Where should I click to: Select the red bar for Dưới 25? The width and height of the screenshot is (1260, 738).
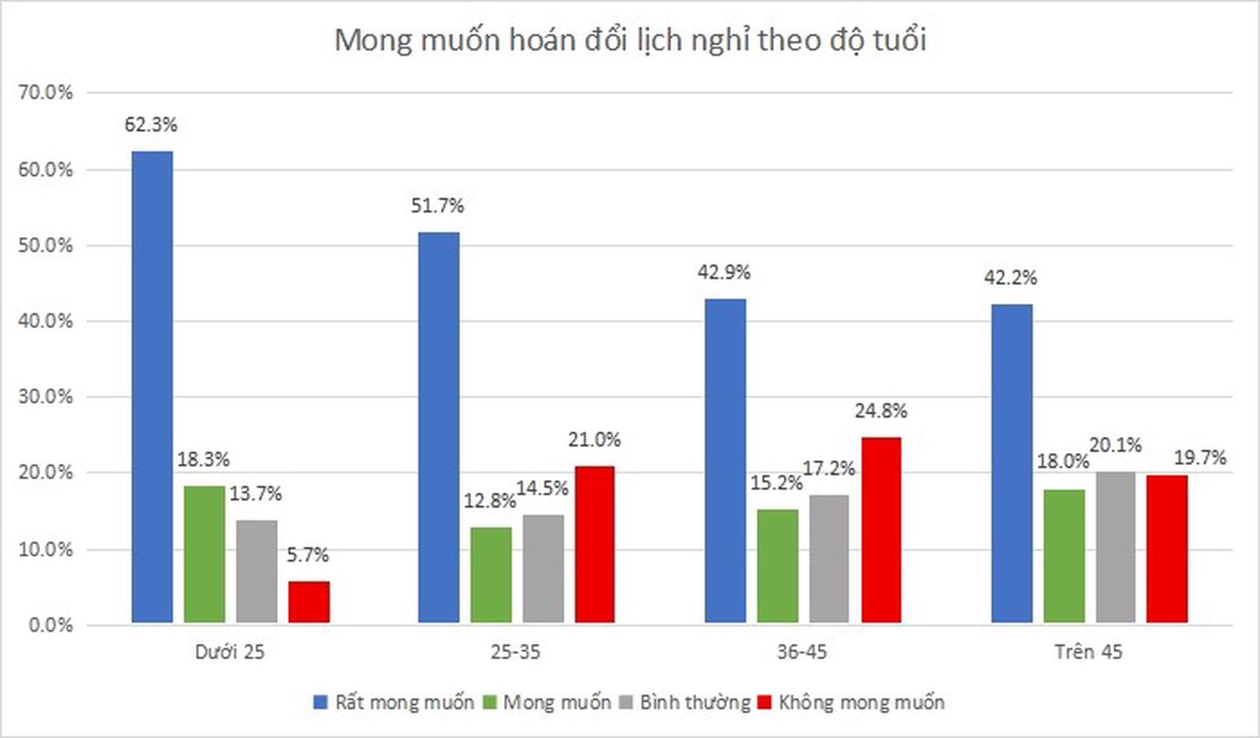[x=309, y=602]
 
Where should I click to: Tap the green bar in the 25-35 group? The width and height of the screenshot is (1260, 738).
[x=491, y=575]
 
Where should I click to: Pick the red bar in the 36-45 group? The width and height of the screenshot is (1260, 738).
[x=881, y=530]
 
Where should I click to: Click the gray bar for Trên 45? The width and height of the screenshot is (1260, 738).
[x=1115, y=548]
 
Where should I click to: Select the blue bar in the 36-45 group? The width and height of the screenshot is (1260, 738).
[x=724, y=461]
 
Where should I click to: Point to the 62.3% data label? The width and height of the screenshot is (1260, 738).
[x=150, y=124]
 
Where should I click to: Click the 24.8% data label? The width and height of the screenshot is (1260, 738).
[x=880, y=411]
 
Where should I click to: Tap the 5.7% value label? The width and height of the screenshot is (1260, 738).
[x=307, y=555]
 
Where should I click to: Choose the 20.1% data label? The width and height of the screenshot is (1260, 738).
[x=1115, y=445]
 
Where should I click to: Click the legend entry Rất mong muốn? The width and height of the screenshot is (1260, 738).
[x=394, y=702]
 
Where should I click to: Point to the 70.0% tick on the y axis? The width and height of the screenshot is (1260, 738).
[x=45, y=93]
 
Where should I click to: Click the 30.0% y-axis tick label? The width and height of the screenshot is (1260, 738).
[x=45, y=397]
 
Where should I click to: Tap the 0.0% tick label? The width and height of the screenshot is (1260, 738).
[x=50, y=625]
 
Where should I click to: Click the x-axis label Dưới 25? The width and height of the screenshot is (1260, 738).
[x=230, y=651]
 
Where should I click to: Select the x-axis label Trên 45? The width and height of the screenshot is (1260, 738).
[x=1088, y=651]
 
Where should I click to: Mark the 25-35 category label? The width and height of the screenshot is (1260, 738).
[x=516, y=651]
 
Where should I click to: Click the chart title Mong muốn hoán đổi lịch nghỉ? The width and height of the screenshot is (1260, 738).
[x=630, y=39]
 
